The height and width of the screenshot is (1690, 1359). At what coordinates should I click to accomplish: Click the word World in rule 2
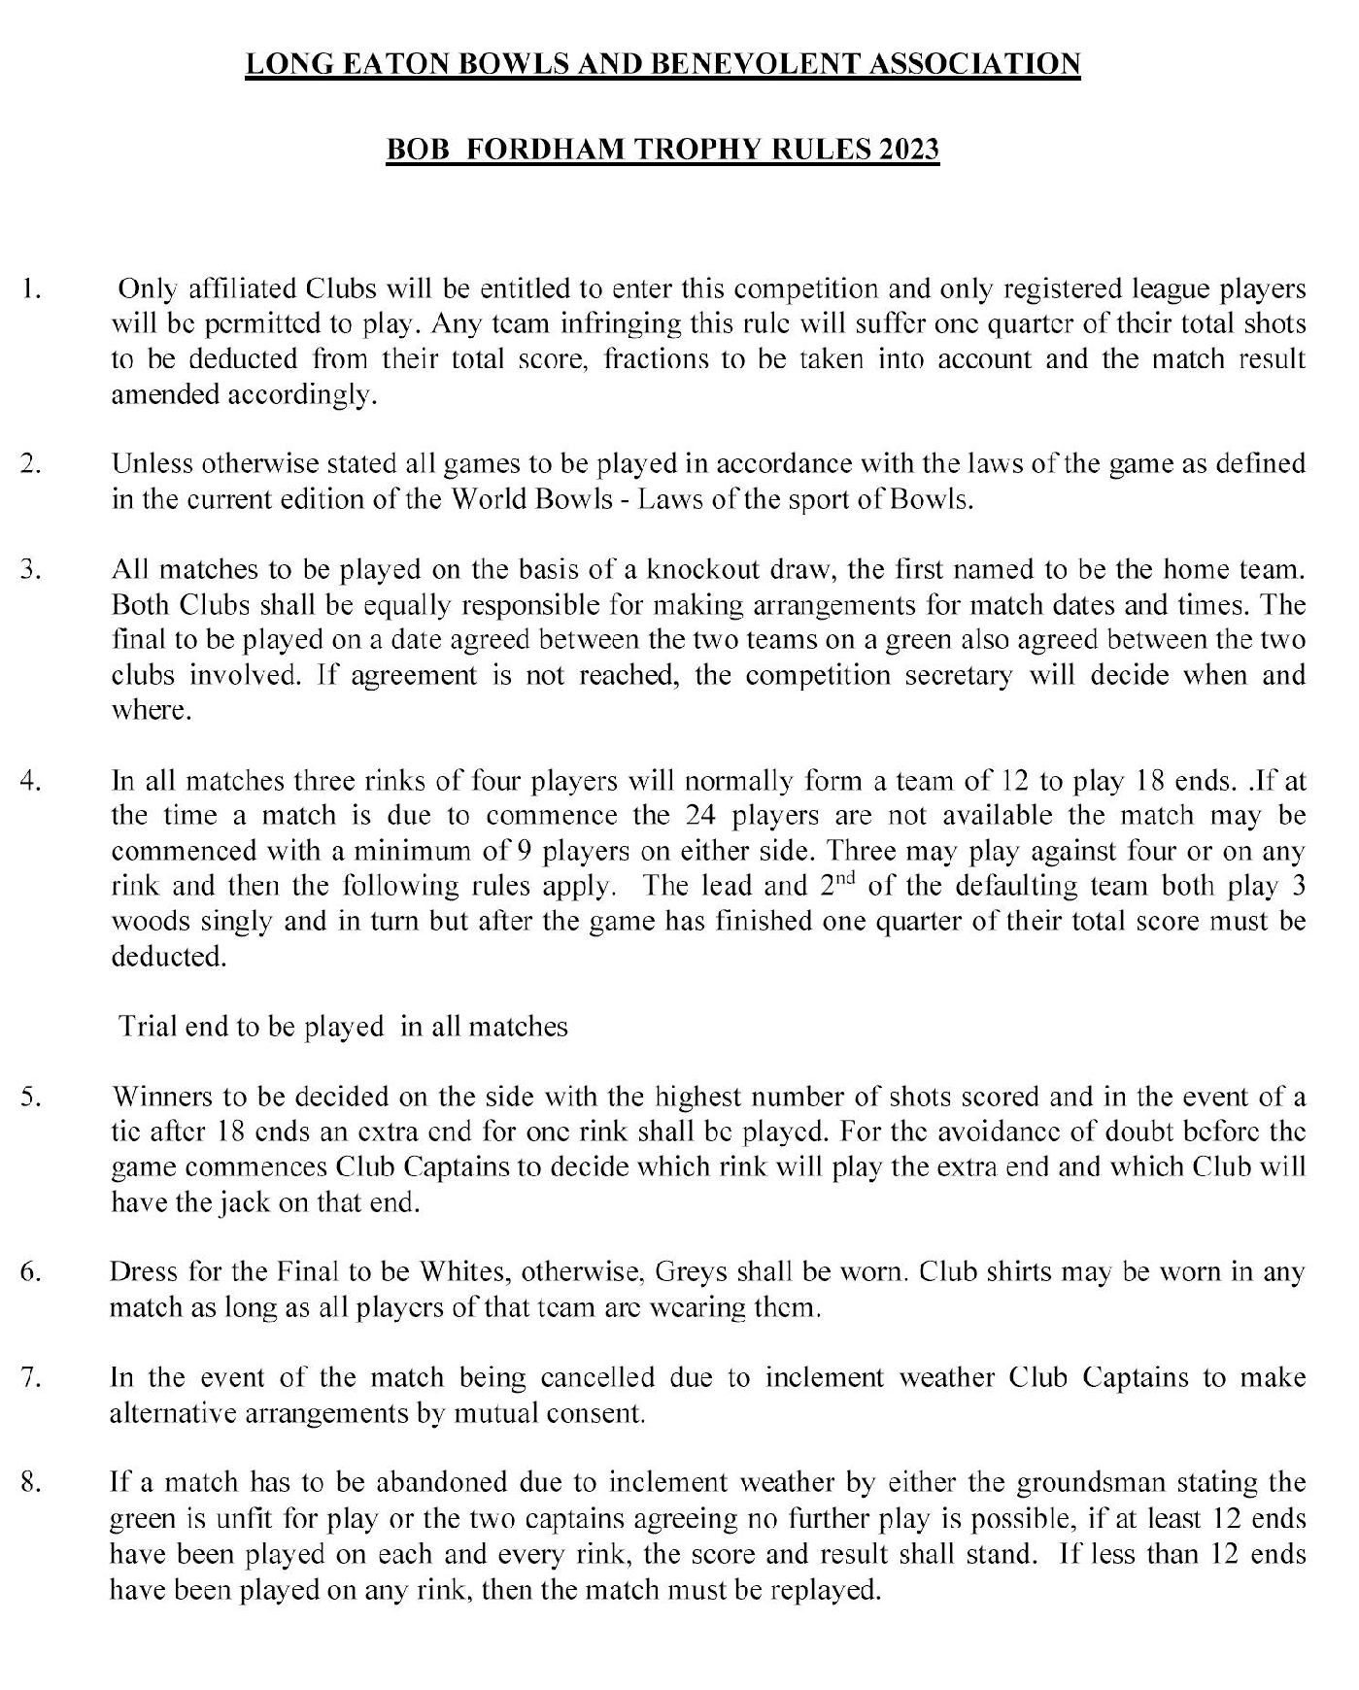[493, 500]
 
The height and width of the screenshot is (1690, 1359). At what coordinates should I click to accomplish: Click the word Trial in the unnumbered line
[148, 1027]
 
